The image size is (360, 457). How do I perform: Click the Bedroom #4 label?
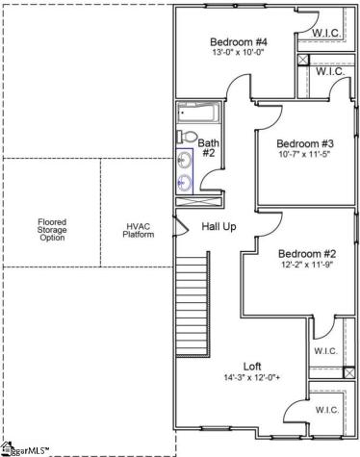point(240,41)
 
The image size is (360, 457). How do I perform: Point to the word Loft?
point(252,366)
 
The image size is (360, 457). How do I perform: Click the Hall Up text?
point(219,227)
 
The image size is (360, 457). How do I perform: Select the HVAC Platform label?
point(140,232)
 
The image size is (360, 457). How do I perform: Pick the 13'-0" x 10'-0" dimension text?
point(240,54)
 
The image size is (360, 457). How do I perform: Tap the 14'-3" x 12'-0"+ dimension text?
point(252,378)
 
